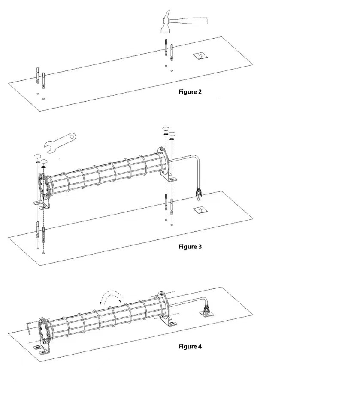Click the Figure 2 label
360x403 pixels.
(x=190, y=92)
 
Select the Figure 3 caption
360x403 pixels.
(x=190, y=247)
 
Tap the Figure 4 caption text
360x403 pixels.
(x=190, y=346)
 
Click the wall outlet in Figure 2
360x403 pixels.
(x=200, y=55)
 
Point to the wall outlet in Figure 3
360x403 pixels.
(x=200, y=210)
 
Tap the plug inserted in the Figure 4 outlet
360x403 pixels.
(x=206, y=310)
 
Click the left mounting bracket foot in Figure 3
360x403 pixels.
(x=41, y=204)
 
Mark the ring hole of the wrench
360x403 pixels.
(x=73, y=136)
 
